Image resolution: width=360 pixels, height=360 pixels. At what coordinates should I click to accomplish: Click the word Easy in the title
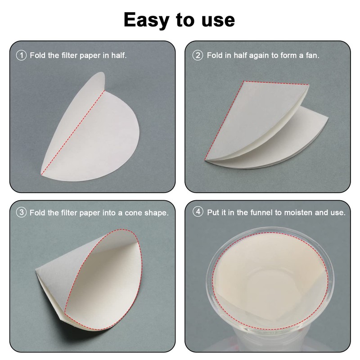click(148, 19)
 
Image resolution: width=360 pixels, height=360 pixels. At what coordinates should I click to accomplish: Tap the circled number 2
click(197, 56)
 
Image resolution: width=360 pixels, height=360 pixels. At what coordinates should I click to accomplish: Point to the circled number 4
click(197, 212)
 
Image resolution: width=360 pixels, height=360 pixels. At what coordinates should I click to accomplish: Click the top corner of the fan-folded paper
click(243, 82)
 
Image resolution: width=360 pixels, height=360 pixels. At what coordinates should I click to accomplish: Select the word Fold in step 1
click(38, 56)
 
